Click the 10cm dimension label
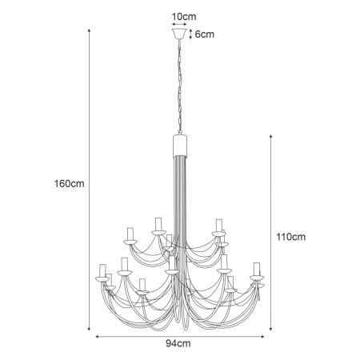181,16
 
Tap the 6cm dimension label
204,34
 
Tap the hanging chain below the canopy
180,88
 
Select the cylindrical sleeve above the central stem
180,146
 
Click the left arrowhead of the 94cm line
97,337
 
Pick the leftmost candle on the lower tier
102,270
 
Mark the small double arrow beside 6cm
190,34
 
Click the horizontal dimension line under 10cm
180,25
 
